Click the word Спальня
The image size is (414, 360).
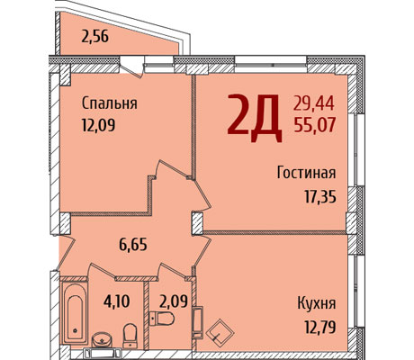pos(109,103)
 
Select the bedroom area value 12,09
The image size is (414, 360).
pos(98,124)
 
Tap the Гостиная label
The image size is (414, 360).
pos(306,173)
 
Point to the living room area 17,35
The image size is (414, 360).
pos(320,197)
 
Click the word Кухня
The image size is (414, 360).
pos(317,303)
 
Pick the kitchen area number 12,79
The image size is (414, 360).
pos(320,327)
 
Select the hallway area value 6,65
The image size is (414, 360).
pos(133,245)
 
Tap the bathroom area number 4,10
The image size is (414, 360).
pos(117,301)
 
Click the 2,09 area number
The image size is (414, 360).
pos(174,301)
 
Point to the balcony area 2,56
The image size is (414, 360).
pos(94,37)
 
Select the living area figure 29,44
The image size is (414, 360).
pos(314,104)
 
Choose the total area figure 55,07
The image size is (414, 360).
pos(314,125)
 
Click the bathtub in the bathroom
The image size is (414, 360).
pos(75,313)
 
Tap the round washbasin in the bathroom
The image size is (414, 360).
pos(102,340)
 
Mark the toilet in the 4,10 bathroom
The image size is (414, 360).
pos(130,336)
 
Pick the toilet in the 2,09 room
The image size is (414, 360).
pos(162,319)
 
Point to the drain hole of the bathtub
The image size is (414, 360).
pos(75,330)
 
